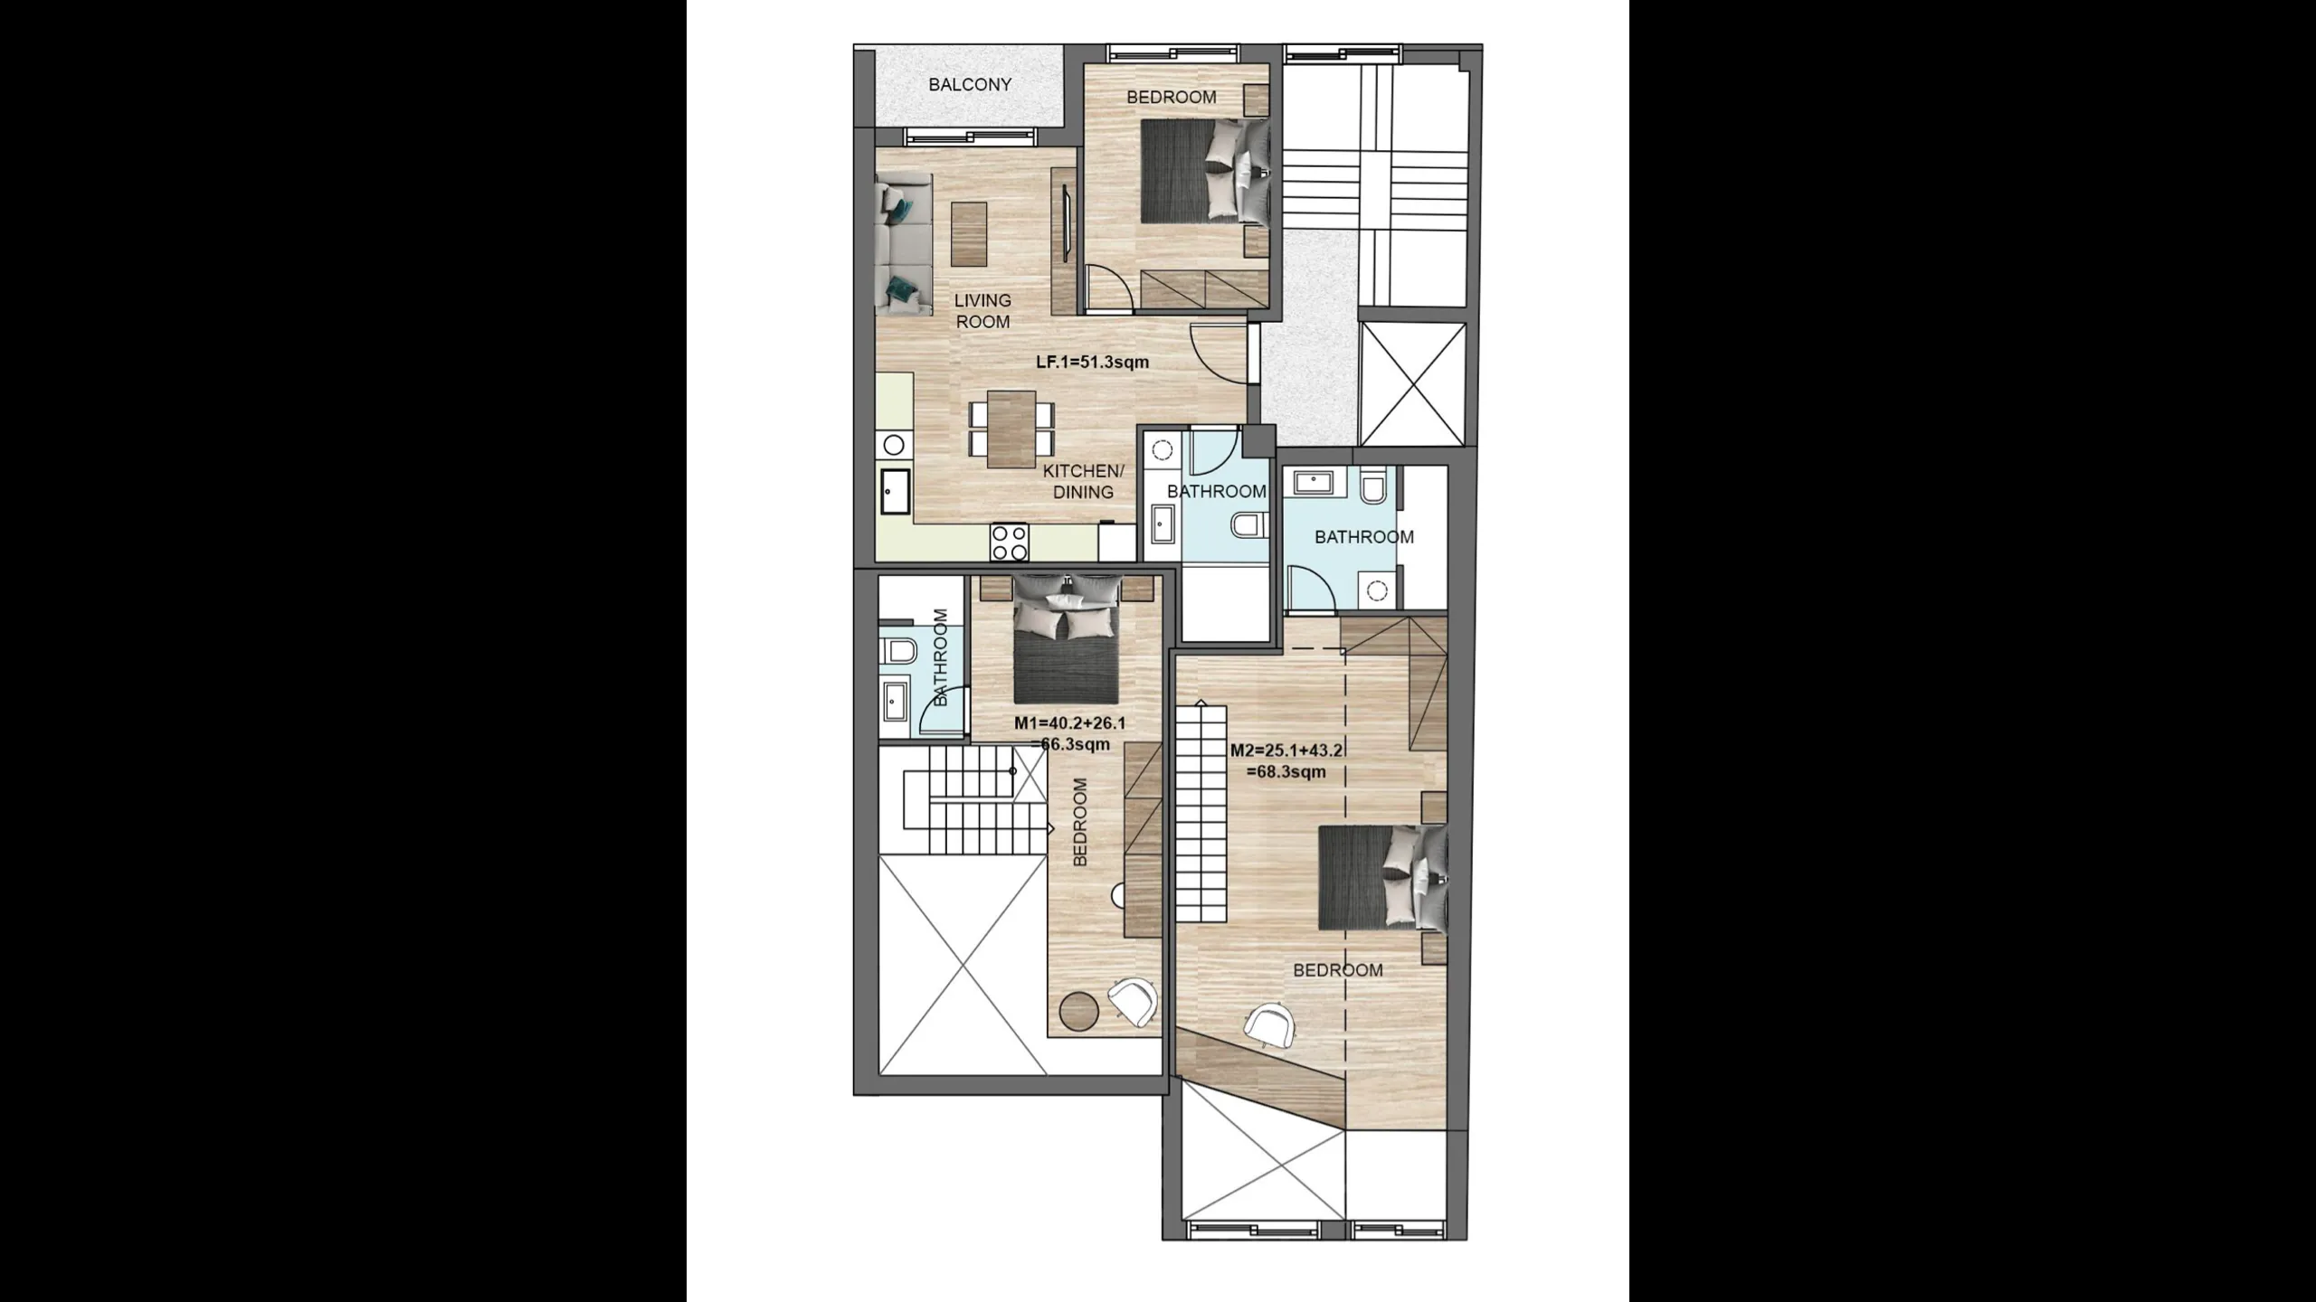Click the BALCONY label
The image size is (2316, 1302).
point(970,85)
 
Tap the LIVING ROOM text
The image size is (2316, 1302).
point(982,311)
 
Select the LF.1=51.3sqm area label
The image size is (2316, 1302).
point(1093,363)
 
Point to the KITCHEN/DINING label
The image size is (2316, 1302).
point(1083,482)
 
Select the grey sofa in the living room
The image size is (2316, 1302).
point(270,246)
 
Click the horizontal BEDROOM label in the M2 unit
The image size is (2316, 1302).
point(1338,970)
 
